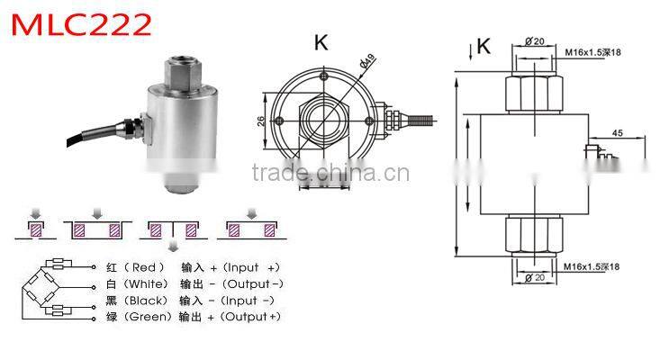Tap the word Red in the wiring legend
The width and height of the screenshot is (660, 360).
pyautogui.click(x=144, y=267)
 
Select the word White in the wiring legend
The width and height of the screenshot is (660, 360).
pyautogui.click(x=149, y=283)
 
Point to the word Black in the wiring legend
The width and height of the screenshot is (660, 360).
pyautogui.click(x=149, y=300)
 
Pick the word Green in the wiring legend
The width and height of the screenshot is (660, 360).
pyautogui.click(x=149, y=316)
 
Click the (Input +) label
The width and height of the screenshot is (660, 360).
pyautogui.click(x=251, y=267)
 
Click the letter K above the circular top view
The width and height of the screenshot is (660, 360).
pyautogui.click(x=321, y=41)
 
